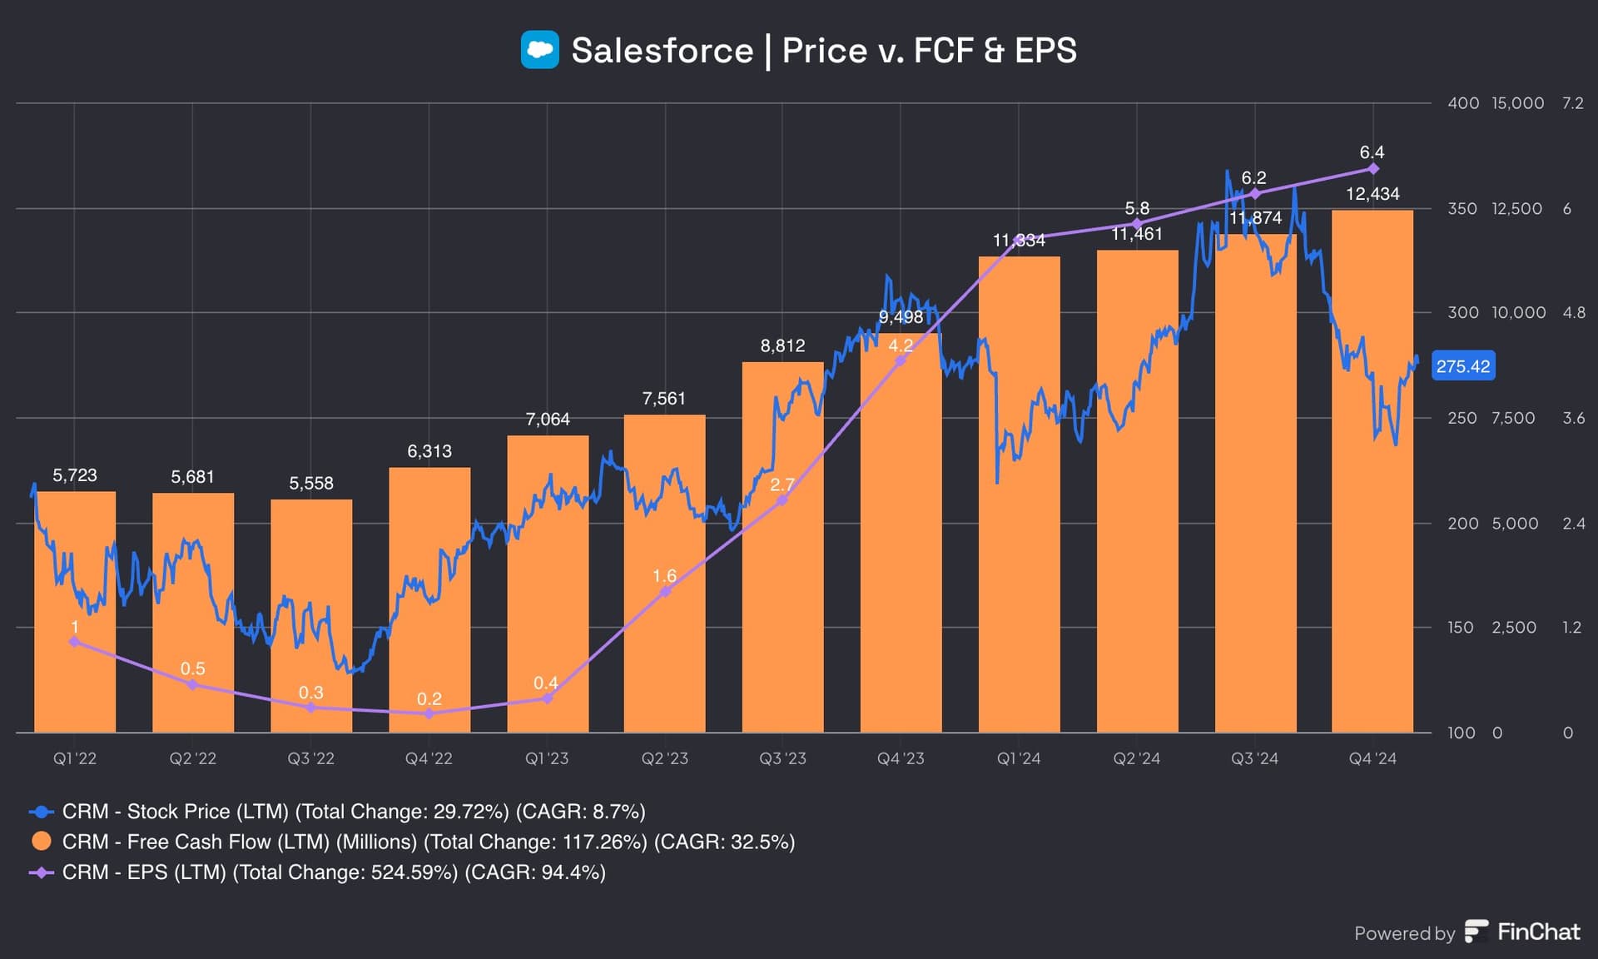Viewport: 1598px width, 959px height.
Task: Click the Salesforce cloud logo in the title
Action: tap(539, 50)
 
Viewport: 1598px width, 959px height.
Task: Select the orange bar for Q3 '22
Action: tap(311, 616)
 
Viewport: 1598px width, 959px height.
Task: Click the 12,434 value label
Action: tap(1372, 194)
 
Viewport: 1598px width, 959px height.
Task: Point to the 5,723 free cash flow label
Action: tap(75, 475)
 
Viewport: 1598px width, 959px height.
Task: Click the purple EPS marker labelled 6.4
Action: tap(1373, 169)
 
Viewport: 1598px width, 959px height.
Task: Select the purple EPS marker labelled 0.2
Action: tap(429, 713)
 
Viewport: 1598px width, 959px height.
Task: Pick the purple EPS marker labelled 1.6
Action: tap(665, 592)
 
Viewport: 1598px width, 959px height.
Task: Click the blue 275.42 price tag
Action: tap(1462, 366)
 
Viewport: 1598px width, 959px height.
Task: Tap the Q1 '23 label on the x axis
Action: tap(547, 758)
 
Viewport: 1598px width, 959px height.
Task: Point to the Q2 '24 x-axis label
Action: tap(1137, 758)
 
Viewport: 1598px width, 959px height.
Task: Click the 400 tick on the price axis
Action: tap(1462, 103)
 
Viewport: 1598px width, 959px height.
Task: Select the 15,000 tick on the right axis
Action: tap(1517, 103)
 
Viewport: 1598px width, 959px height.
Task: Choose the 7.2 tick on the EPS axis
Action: tap(1572, 103)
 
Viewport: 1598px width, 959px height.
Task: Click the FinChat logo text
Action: tap(1537, 932)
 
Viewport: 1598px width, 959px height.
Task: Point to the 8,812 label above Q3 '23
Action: tap(782, 345)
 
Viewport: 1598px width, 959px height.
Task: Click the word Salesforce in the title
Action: tap(662, 51)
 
